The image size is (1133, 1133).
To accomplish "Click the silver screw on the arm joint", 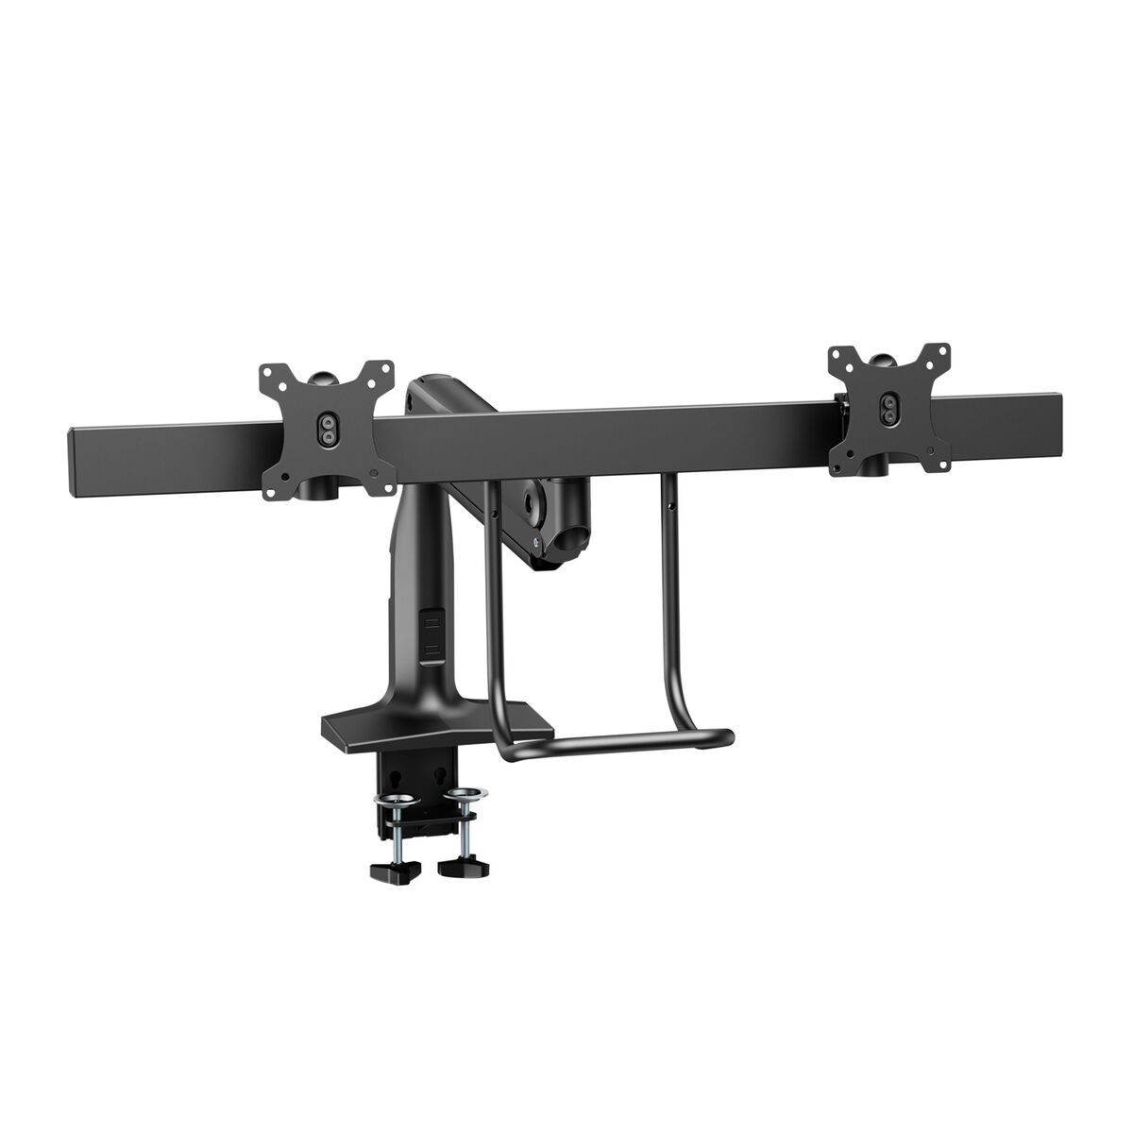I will pyautogui.click(x=535, y=542).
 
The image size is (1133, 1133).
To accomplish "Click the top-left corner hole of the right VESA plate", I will pyautogui.click(x=835, y=358).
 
